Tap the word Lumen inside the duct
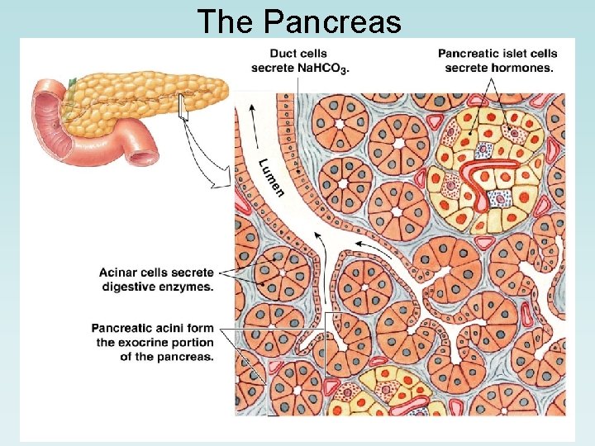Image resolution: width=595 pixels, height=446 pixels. point(269,177)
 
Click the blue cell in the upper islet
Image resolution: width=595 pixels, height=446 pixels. point(500,198)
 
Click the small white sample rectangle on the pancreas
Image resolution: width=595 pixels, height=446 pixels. point(183,113)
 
